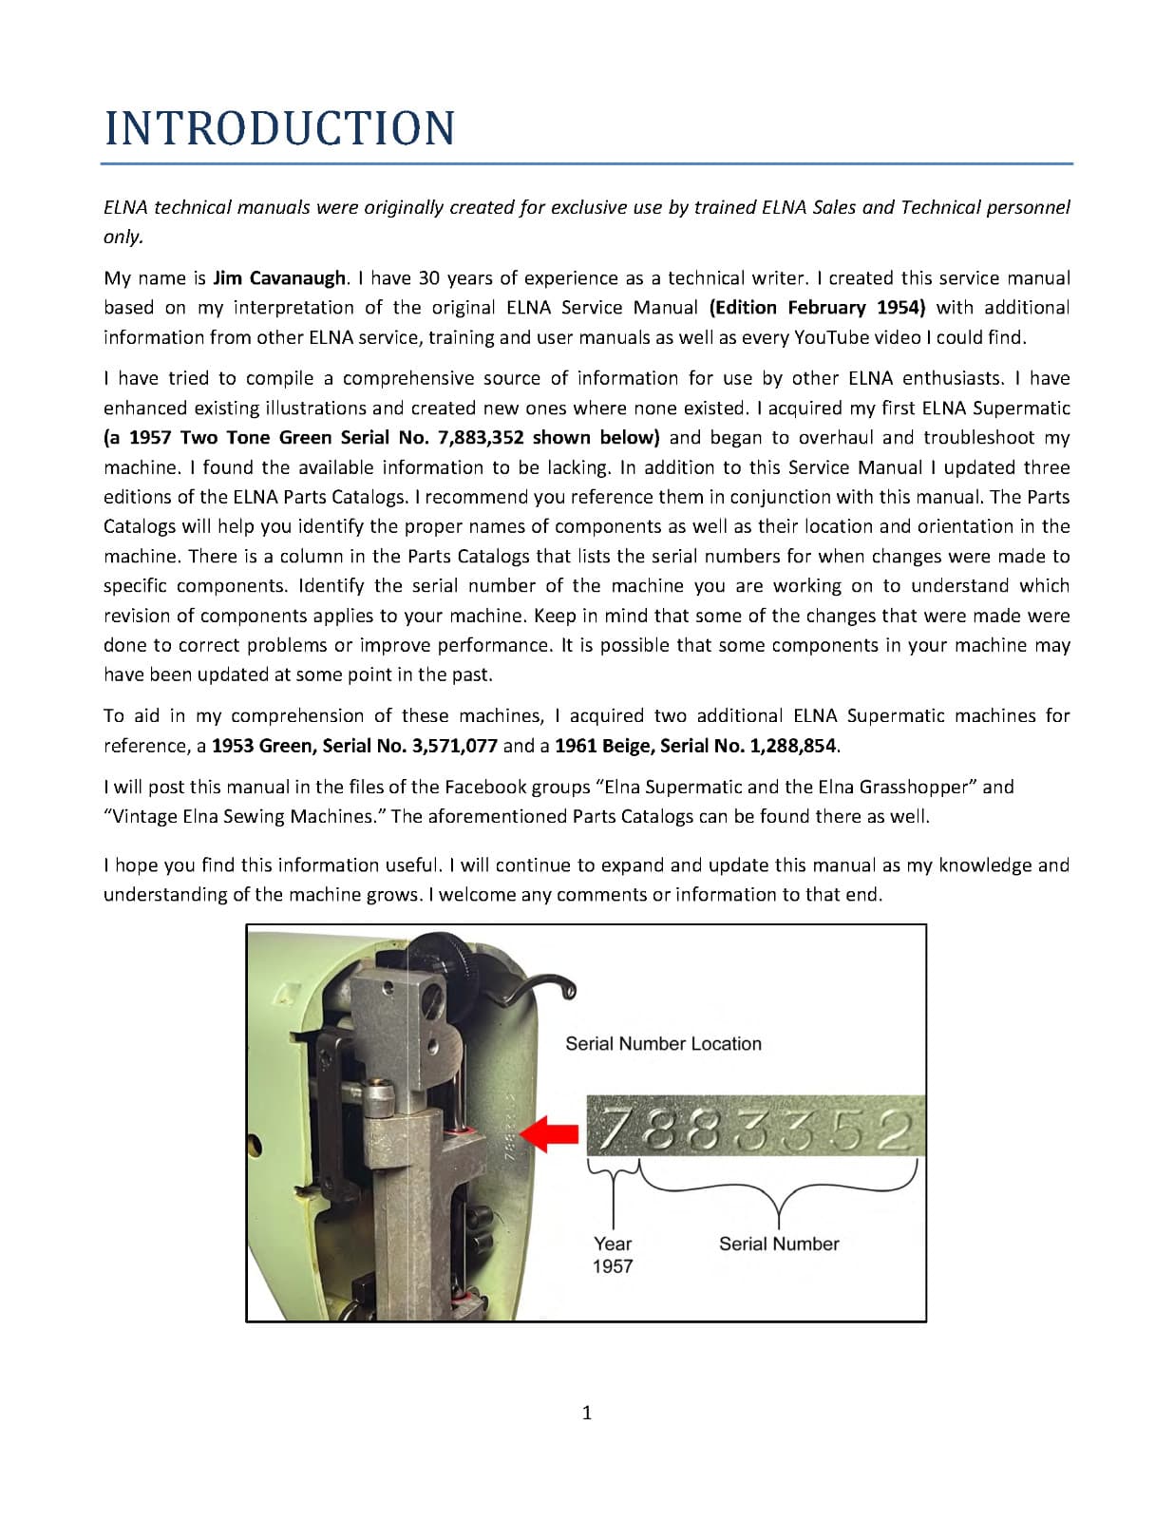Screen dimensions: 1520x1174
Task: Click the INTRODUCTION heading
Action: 279,128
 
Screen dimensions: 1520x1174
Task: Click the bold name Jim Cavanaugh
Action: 278,278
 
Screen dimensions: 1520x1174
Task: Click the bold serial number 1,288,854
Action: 792,746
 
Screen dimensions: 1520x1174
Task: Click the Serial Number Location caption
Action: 663,1044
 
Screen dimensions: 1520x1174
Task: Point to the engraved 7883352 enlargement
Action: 755,1127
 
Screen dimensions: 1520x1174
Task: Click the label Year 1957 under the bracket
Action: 613,1255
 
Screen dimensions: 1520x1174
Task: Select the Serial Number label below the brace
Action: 779,1244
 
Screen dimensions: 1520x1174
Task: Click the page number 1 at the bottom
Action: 586,1414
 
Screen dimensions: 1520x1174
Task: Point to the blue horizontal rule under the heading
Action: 587,164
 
